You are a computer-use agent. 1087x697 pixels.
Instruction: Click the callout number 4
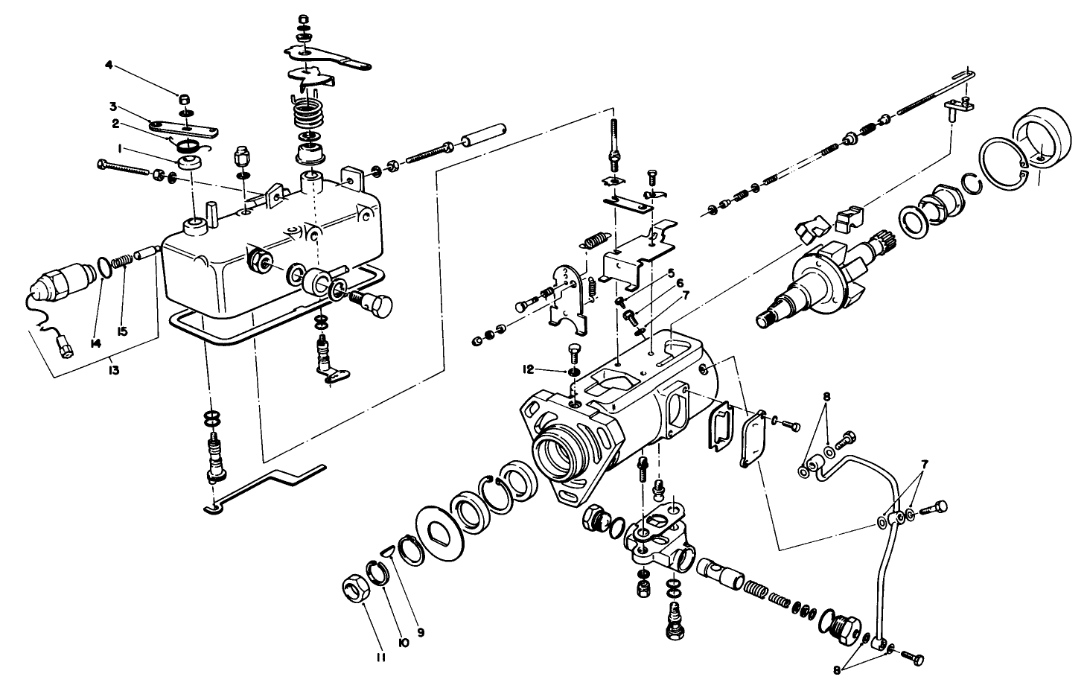pos(109,66)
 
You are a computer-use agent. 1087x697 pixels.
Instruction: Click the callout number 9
pos(421,631)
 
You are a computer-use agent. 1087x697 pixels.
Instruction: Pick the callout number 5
pos(670,274)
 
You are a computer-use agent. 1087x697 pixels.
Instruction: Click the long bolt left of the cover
pos(127,169)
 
